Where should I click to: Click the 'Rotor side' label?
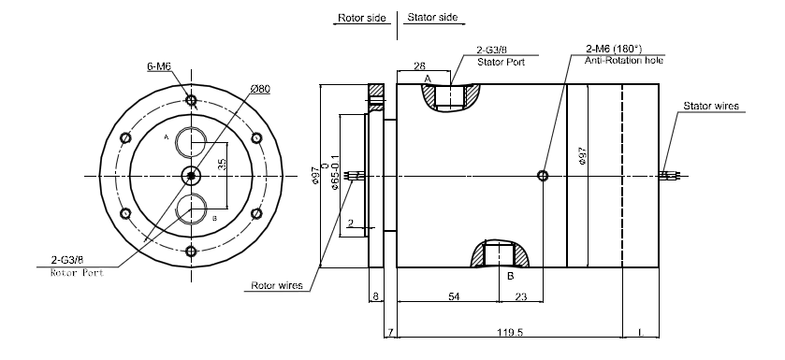361,18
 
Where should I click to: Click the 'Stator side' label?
432,17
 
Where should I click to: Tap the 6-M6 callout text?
159,66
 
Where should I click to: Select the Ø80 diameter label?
260,89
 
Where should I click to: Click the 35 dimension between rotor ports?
222,164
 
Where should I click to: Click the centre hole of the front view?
191,176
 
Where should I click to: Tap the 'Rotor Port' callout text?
77,273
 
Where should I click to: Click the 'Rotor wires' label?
277,285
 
